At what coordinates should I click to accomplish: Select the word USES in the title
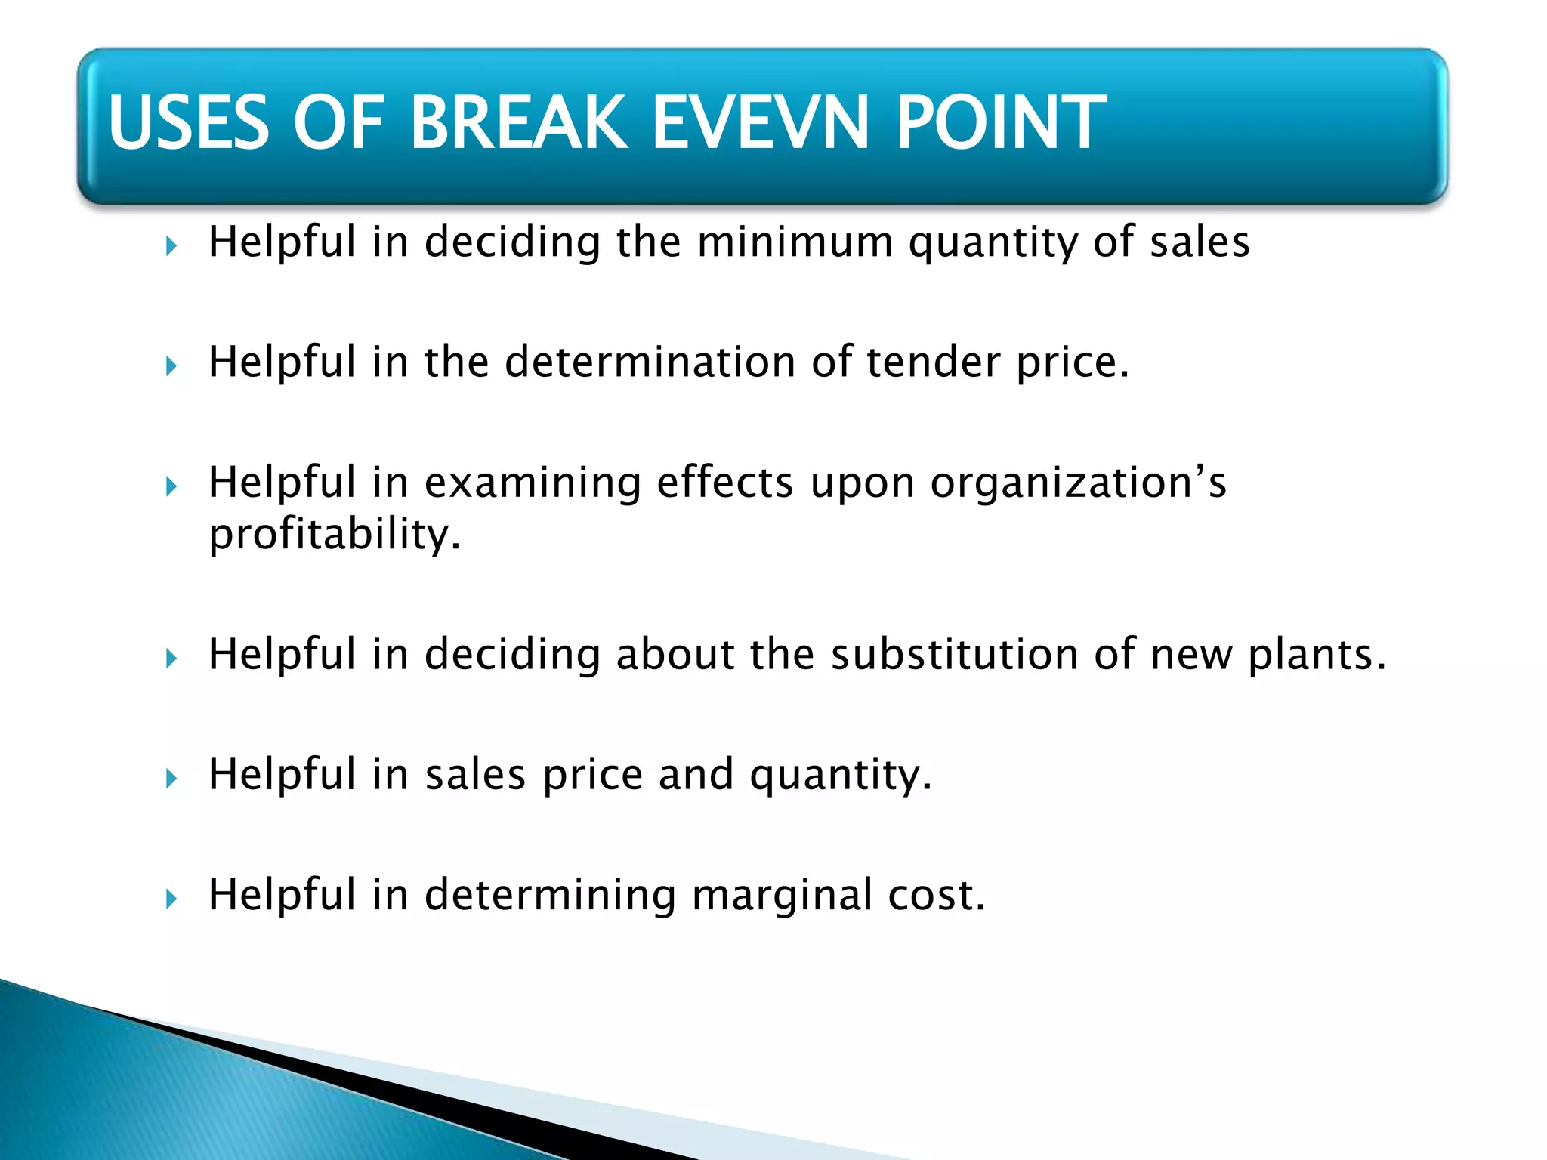pyautogui.click(x=189, y=122)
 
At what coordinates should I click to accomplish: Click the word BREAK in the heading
pyautogui.click(x=518, y=122)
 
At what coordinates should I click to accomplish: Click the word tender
pyautogui.click(x=932, y=362)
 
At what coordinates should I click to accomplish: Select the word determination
pyautogui.click(x=650, y=362)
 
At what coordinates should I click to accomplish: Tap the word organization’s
pyautogui.click(x=1078, y=483)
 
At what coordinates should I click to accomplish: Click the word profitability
pyautogui.click(x=334, y=535)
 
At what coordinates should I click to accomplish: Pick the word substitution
pyautogui.click(x=954, y=654)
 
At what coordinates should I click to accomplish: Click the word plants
pyautogui.click(x=1317, y=654)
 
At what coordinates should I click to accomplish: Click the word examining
pyautogui.click(x=533, y=483)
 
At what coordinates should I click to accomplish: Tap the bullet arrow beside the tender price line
pyautogui.click(x=171, y=366)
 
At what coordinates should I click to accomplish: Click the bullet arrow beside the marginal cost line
pyautogui.click(x=171, y=899)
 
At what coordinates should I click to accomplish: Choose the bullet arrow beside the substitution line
pyautogui.click(x=171, y=659)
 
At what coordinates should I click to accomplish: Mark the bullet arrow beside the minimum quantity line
pyautogui.click(x=171, y=246)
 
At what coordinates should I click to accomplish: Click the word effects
pyautogui.click(x=725, y=483)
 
